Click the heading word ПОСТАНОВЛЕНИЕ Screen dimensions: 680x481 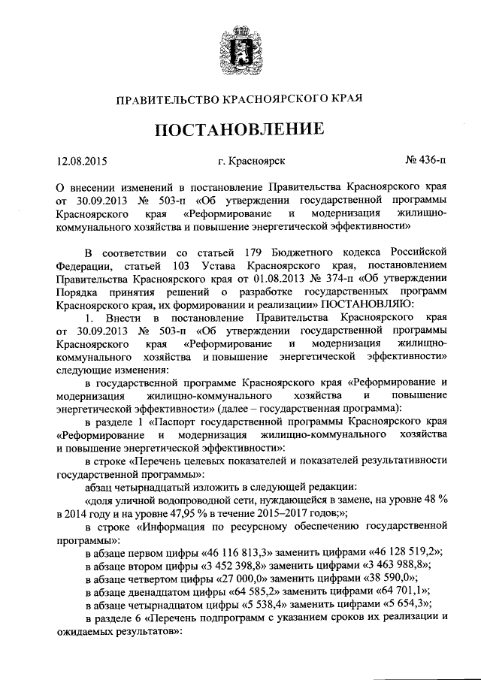240,128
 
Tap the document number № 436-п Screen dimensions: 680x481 425,159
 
